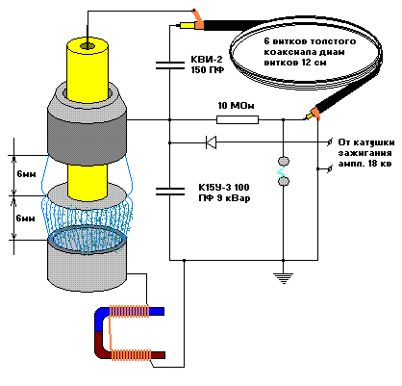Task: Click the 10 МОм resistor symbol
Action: point(238,120)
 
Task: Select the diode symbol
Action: point(211,142)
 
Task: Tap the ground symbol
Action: point(283,278)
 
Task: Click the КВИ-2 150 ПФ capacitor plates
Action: point(170,65)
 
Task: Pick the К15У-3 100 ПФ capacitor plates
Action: point(170,192)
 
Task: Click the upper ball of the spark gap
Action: point(283,161)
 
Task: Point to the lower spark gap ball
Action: point(283,182)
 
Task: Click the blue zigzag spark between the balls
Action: point(281,171)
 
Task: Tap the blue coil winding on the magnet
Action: point(129,311)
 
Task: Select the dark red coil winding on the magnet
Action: point(131,355)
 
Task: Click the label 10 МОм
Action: point(236,106)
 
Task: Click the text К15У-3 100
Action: point(224,187)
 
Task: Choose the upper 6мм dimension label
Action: point(26,174)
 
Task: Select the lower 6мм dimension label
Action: point(25,219)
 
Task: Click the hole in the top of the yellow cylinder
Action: point(87,46)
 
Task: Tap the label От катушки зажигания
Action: point(365,147)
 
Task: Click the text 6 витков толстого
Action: point(310,41)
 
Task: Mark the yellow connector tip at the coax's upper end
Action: point(186,25)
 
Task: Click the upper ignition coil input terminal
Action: point(330,142)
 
